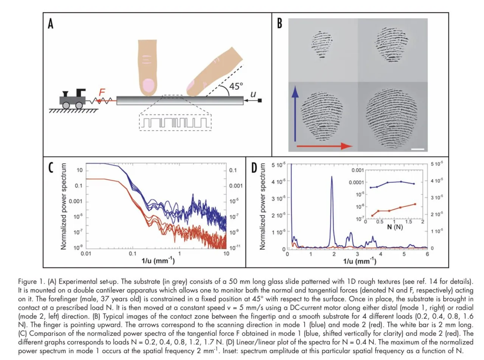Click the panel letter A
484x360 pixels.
point(50,23)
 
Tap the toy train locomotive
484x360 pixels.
point(73,99)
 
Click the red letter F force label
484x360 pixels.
point(102,92)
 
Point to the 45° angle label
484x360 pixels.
point(236,87)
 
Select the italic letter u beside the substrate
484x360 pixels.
point(253,93)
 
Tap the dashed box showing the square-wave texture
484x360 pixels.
point(175,122)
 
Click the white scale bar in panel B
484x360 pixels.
point(417,149)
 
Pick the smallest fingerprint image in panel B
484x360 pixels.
point(322,44)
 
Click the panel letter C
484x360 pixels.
point(51,168)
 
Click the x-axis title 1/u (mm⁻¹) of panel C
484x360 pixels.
point(158,260)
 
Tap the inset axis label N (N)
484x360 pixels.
point(395,227)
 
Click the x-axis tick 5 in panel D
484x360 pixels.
point(404,254)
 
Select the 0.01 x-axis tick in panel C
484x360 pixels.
point(86,253)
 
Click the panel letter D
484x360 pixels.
point(254,168)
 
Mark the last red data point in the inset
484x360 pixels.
point(415,204)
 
